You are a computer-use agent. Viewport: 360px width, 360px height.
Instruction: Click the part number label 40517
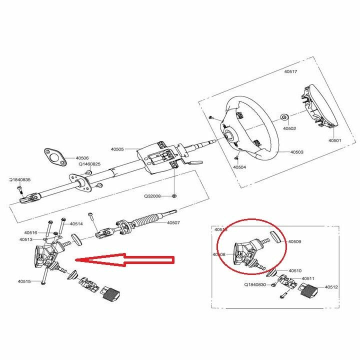pos(290,71)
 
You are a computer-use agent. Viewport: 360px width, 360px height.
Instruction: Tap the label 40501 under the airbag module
pos(334,141)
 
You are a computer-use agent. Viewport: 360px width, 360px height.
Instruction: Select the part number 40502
pos(290,128)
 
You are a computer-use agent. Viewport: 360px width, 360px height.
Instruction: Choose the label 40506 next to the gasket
pos(82,158)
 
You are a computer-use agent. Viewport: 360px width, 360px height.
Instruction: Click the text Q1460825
pos(89,164)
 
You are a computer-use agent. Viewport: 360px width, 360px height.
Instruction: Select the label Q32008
pos(152,196)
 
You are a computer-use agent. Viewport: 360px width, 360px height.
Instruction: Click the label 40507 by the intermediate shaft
pos(173,222)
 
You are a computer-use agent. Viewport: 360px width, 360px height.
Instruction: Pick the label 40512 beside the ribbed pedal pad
pos(332,287)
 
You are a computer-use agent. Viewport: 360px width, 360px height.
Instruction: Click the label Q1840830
pos(256,284)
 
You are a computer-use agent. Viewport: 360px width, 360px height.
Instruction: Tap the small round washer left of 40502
pos(284,117)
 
